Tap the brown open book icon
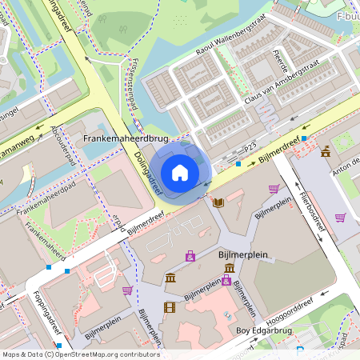[x=218, y=203]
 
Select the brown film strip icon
[x=169, y=306]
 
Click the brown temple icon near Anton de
[x=326, y=151]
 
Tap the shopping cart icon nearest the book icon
[x=274, y=189]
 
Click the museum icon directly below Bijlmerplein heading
[x=230, y=267]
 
